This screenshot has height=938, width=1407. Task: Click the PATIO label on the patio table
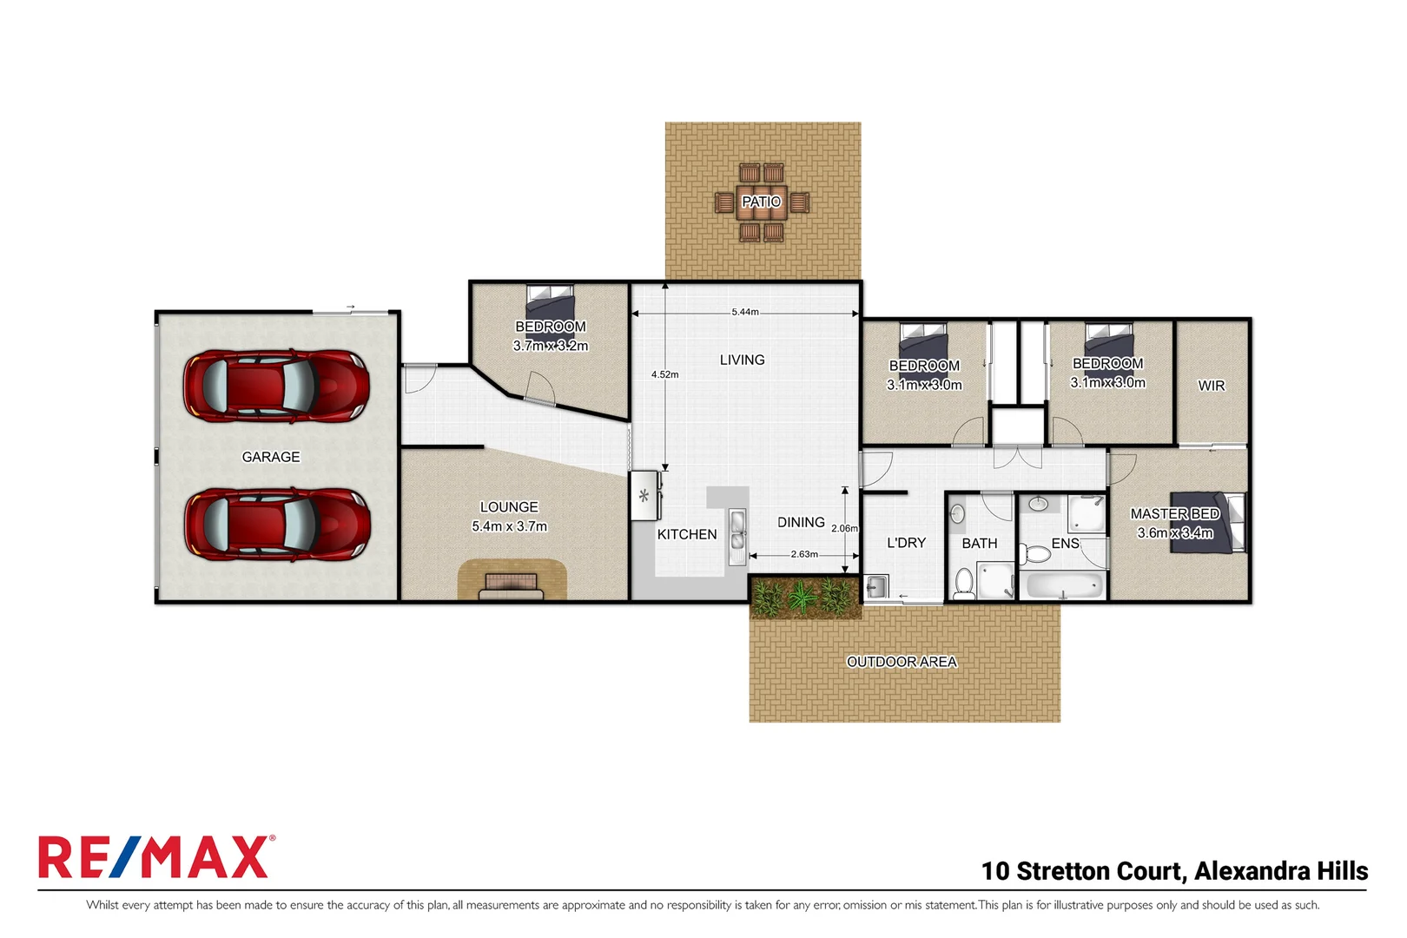click(x=761, y=201)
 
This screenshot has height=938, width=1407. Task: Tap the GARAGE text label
click(x=271, y=457)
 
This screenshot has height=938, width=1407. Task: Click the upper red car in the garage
click(x=276, y=386)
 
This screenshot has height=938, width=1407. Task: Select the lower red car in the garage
click(x=276, y=524)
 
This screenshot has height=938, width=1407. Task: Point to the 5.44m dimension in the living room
click(x=744, y=312)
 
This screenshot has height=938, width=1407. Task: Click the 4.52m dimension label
click(x=664, y=374)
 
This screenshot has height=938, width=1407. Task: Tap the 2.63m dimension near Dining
click(x=804, y=554)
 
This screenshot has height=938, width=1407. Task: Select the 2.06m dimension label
click(x=844, y=528)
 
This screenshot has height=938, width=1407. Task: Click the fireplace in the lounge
click(x=512, y=586)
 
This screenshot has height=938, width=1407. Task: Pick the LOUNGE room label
click(x=509, y=507)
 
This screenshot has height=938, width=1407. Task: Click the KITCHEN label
click(x=687, y=534)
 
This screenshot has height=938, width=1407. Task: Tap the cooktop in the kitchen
click(x=644, y=496)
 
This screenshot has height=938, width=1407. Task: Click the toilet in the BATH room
click(x=963, y=583)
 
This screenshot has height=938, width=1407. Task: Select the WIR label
click(x=1211, y=386)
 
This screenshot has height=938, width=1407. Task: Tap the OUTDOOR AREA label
click(x=902, y=662)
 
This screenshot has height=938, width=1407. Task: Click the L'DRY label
click(x=906, y=543)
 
